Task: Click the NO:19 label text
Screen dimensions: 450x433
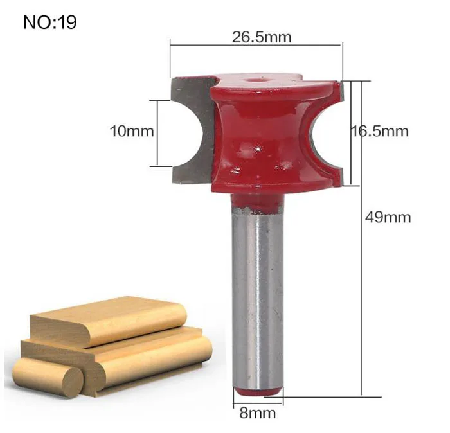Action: click(50, 22)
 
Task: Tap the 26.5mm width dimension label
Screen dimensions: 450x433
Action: click(262, 37)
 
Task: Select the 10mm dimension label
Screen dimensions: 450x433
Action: click(132, 131)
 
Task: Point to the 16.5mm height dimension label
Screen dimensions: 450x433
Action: click(380, 131)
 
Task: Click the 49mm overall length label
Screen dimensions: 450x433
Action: click(388, 217)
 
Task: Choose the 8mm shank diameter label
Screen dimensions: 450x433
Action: click(257, 413)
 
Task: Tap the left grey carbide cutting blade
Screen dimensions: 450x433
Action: click(192, 131)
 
